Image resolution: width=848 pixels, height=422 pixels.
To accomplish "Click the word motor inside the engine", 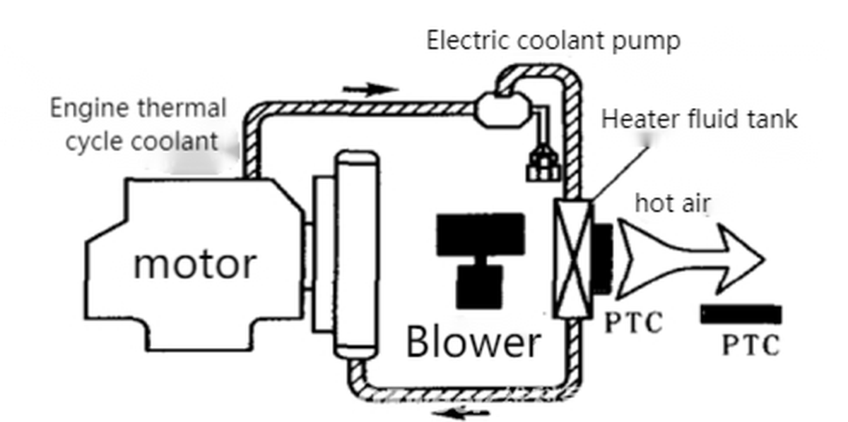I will pyautogui.click(x=194, y=264).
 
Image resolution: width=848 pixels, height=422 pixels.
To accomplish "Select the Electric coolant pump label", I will pyautogui.click(x=553, y=40).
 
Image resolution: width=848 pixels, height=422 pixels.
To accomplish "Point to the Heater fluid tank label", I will pyautogui.click(x=699, y=119).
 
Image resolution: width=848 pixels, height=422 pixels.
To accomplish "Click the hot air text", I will pyautogui.click(x=672, y=203).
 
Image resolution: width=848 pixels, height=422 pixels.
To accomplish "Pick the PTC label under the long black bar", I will pyautogui.click(x=750, y=345).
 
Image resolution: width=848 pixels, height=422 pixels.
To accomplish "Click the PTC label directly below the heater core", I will pyautogui.click(x=634, y=322).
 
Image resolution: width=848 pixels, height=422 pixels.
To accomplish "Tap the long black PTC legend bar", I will pyautogui.click(x=741, y=314).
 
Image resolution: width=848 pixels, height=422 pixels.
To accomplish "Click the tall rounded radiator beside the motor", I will pyautogui.click(x=357, y=255).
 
